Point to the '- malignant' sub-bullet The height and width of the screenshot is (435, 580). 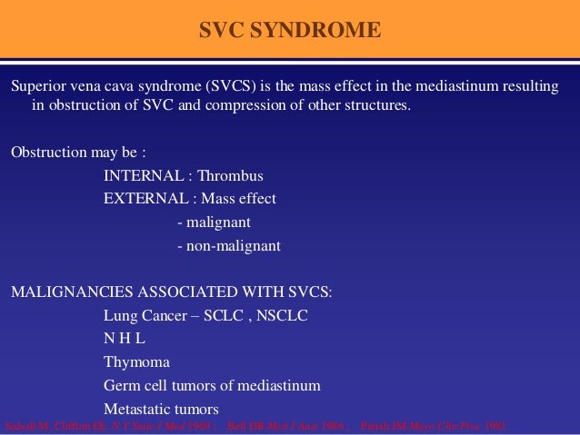point(214,222)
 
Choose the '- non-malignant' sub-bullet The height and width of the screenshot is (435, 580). point(228,245)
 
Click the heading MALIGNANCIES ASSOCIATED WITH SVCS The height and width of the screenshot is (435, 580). point(172,292)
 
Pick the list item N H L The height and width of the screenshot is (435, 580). point(125,339)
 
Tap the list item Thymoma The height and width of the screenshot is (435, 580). point(135,362)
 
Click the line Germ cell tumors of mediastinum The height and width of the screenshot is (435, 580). point(212,385)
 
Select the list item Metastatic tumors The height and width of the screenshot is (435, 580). point(161,409)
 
